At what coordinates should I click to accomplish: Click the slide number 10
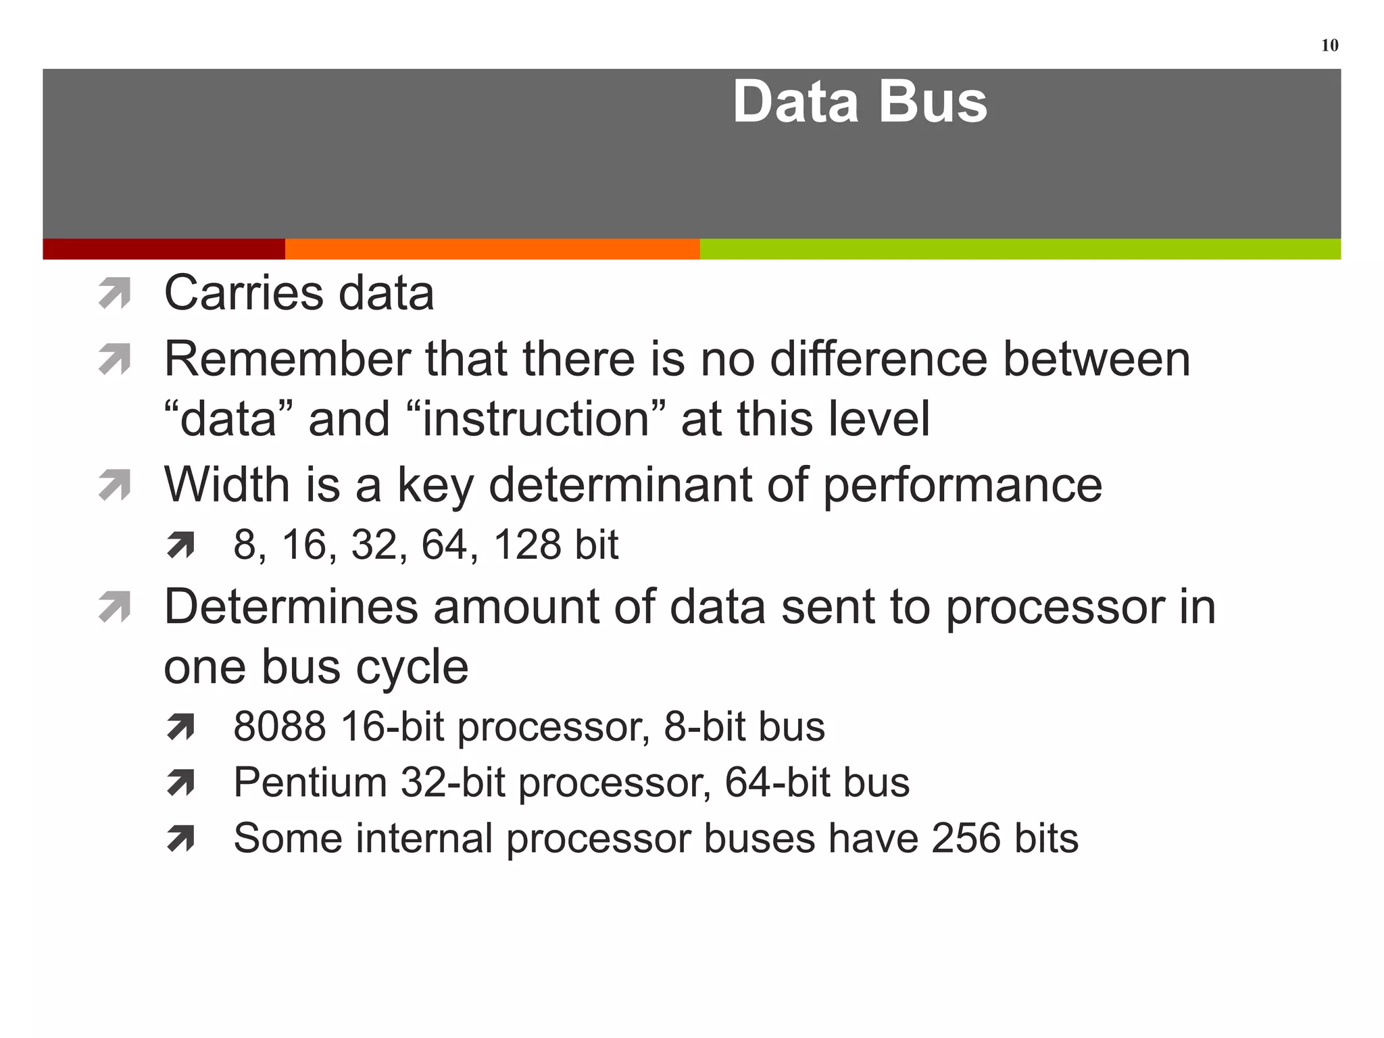tap(1329, 45)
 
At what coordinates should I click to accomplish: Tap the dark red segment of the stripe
tap(164, 249)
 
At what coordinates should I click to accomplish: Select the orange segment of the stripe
tap(492, 249)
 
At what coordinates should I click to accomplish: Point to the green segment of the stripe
tap(1020, 249)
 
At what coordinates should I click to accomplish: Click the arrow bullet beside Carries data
tap(114, 294)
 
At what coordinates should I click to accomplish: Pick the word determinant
tap(620, 485)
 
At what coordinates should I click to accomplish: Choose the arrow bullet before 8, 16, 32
tap(180, 545)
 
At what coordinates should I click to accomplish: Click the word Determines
tap(291, 606)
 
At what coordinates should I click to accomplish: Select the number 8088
tap(280, 726)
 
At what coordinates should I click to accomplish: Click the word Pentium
tap(310, 783)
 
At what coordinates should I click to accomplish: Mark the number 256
tap(965, 839)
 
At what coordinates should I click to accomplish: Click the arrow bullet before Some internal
tap(180, 839)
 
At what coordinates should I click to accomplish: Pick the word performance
tap(962, 485)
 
